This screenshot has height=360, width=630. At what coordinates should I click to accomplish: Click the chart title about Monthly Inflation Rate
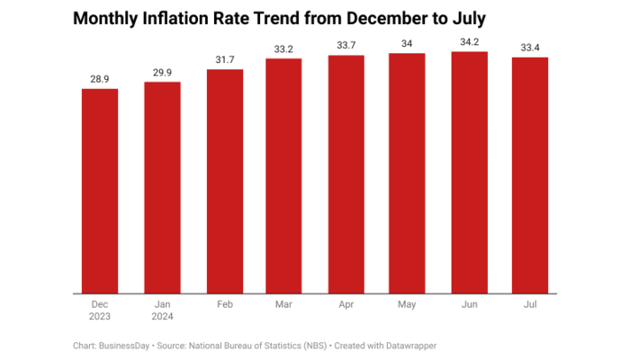tap(267, 19)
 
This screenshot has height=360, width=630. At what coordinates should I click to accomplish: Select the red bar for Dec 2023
tap(100, 191)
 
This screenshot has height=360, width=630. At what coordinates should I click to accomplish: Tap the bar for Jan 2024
tap(163, 187)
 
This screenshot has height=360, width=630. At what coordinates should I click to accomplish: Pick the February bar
tap(225, 181)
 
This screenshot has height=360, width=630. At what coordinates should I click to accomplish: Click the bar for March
tap(283, 175)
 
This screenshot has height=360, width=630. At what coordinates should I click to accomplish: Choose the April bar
tap(346, 174)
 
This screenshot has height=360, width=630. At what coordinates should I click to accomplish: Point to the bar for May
tap(407, 173)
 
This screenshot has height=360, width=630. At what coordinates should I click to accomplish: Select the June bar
tap(469, 172)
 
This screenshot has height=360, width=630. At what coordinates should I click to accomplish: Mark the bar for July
tap(530, 175)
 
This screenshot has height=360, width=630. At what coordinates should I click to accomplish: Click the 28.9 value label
tap(100, 79)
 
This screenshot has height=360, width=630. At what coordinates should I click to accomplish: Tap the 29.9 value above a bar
tap(163, 73)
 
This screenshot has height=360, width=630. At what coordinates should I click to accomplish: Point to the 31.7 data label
tap(225, 60)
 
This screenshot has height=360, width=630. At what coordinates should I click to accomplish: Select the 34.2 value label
tap(469, 42)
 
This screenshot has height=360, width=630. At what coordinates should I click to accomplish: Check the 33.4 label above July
tap(530, 48)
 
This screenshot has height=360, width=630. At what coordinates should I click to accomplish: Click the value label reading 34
tap(407, 44)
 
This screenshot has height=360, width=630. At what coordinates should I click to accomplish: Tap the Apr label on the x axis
tap(346, 305)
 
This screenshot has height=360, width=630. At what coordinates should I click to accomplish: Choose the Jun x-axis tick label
tap(469, 305)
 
